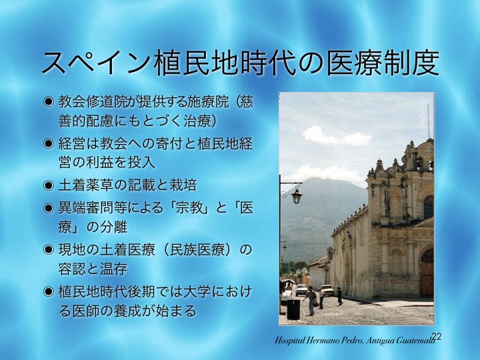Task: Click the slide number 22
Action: pyautogui.click(x=437, y=336)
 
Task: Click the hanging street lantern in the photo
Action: pyautogui.click(x=297, y=196)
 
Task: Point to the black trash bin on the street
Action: pyautogui.click(x=293, y=309)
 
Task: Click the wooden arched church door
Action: pyautogui.click(x=427, y=273)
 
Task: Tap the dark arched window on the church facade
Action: pyautogui.click(x=429, y=207)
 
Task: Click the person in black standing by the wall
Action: pyautogui.click(x=339, y=296)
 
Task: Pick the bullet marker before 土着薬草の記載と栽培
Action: pyautogui.click(x=48, y=186)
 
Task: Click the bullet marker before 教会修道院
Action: pyautogui.click(x=48, y=101)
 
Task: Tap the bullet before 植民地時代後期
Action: pyautogui.click(x=48, y=292)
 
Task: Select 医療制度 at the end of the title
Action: pyautogui.click(x=382, y=63)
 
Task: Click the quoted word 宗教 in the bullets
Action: pyautogui.click(x=185, y=209)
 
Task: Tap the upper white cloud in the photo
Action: pyautogui.click(x=335, y=137)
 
